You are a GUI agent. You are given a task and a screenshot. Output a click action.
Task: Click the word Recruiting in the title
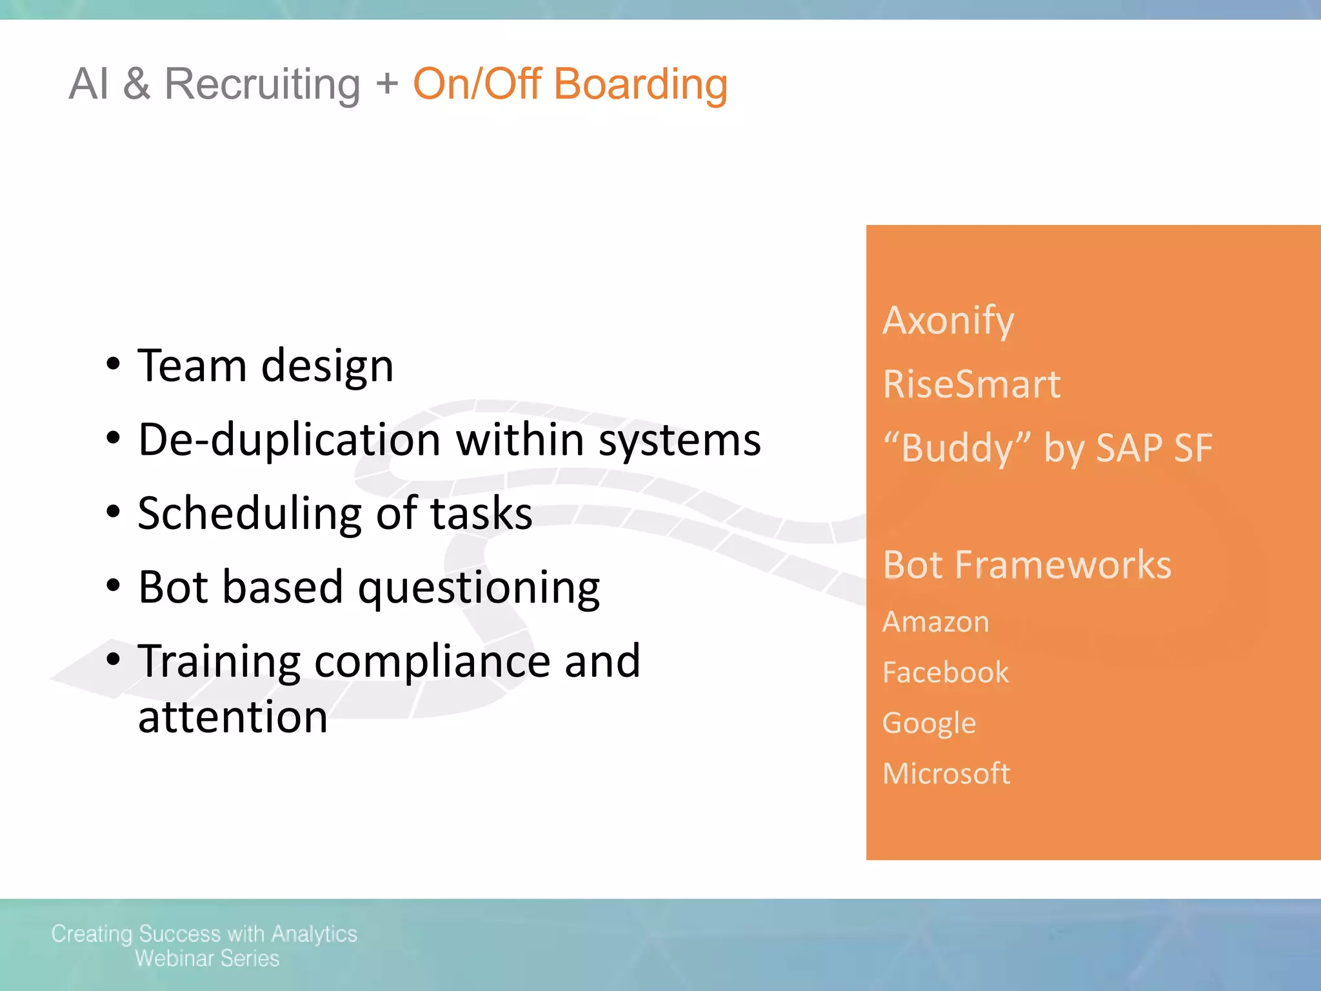tap(262, 85)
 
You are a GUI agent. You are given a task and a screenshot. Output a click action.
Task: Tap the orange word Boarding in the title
tap(640, 85)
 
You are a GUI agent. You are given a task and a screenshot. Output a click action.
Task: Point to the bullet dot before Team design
tap(114, 364)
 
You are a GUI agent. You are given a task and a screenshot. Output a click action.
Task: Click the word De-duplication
tap(290, 440)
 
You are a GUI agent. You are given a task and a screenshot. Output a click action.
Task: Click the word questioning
tap(479, 588)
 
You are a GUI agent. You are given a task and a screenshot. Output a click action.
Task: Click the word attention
tap(233, 717)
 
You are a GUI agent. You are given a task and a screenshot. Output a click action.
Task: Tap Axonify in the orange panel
tap(948, 321)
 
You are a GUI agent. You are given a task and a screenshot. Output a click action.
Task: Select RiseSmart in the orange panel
tap(971, 385)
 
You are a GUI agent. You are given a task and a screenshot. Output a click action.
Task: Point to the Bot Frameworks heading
tap(1027, 565)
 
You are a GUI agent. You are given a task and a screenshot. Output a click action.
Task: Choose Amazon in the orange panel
tap(935, 622)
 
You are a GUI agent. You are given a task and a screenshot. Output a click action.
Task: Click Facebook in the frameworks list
tap(945, 672)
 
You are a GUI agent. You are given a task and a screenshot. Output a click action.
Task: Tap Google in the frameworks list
tap(929, 723)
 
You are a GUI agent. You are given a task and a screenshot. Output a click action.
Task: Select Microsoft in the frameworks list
tap(946, 774)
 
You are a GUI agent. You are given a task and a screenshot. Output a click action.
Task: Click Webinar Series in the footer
tap(206, 959)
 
